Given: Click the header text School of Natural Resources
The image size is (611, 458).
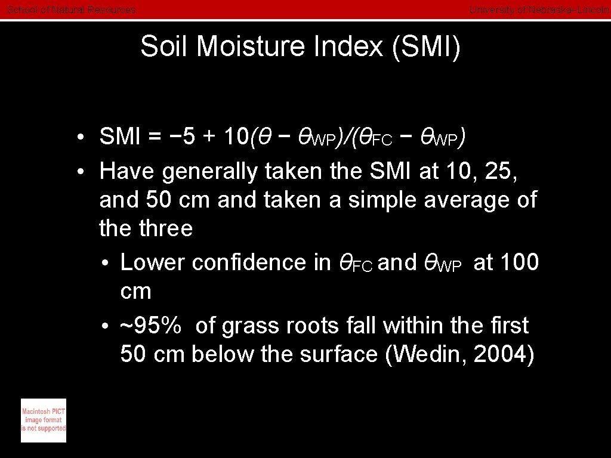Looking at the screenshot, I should pos(71,10).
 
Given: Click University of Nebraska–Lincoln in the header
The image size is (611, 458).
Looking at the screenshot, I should pos(539,10).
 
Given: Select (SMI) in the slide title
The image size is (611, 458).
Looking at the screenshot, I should pos(427,47).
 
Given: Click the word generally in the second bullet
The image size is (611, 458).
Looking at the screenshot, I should pos(209,171).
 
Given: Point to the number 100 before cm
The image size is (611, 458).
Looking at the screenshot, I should pos(518,262).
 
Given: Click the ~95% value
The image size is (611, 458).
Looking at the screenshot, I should pos(151,326).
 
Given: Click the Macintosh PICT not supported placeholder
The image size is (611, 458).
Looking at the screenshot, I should pos(44,420).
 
